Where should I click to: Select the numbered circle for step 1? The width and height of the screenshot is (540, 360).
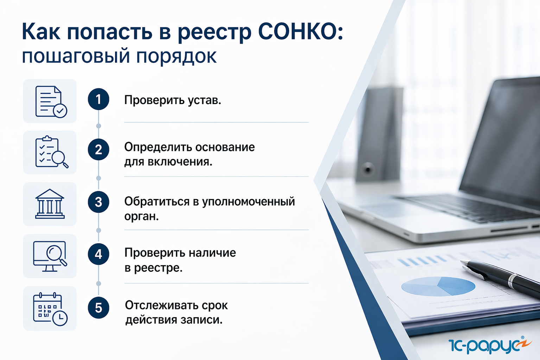tap(99, 99)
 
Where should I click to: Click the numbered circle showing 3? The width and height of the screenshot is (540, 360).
tap(99, 202)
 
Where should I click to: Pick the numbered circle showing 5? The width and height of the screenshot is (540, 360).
tap(99, 308)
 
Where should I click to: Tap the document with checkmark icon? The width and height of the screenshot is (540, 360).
tap(51, 102)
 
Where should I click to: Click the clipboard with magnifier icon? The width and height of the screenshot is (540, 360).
tap(52, 152)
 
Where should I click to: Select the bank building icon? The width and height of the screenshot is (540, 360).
tap(50, 204)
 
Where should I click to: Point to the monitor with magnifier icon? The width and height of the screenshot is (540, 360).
tap(50, 256)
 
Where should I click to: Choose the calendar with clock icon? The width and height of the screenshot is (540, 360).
tap(50, 309)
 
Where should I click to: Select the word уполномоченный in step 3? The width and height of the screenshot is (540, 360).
tap(249, 202)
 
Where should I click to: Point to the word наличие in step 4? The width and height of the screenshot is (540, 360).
tap(212, 253)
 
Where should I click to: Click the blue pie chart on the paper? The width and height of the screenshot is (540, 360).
tap(438, 286)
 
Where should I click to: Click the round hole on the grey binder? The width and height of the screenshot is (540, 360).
tap(368, 169)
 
